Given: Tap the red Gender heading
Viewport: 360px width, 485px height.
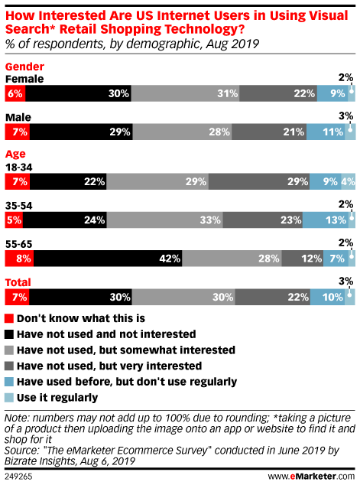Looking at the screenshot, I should point(24,67).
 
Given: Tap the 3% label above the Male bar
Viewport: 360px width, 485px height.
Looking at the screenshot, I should point(346,116).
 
